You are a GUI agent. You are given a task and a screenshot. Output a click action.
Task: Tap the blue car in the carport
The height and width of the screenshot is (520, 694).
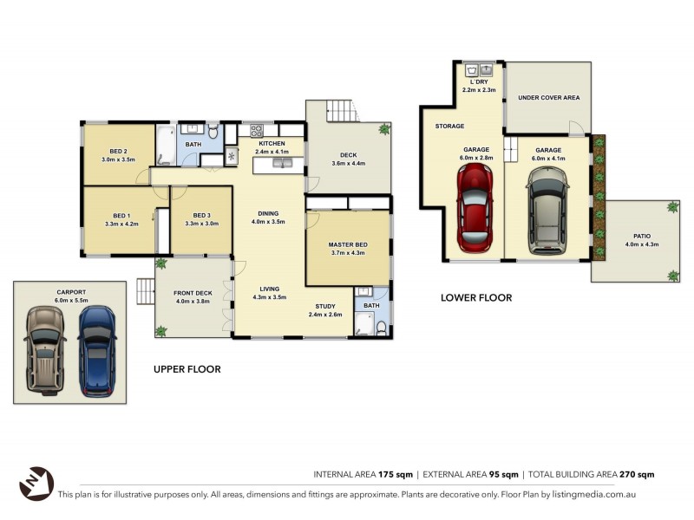(x=96, y=350)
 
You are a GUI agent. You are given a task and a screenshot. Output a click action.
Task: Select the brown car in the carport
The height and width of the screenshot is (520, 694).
(x=44, y=350)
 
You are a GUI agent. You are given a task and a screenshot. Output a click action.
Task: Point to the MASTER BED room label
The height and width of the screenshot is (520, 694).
(x=348, y=245)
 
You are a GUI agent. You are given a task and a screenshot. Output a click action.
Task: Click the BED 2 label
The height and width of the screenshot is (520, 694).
(x=118, y=151)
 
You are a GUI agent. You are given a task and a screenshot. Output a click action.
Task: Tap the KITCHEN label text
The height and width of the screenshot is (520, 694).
(x=272, y=143)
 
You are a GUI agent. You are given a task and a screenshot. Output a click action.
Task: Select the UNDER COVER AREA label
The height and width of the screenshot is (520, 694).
(x=548, y=98)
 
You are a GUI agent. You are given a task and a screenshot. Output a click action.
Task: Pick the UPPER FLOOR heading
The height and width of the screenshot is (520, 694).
(x=187, y=369)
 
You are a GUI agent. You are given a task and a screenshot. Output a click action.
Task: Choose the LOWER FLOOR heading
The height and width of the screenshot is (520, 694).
(x=475, y=297)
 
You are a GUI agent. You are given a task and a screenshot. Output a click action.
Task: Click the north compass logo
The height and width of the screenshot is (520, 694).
(x=36, y=484)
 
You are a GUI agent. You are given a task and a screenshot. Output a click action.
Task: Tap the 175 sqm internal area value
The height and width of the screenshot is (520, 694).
(x=396, y=474)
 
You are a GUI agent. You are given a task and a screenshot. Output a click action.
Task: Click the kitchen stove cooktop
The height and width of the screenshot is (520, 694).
(x=257, y=131)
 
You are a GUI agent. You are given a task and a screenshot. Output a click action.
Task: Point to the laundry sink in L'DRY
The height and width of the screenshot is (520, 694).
(x=478, y=69)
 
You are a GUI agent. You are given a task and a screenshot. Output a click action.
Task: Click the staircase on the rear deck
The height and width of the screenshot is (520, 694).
(x=340, y=111)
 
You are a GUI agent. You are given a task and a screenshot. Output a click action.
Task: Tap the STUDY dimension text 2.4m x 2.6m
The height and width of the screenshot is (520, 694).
(x=325, y=315)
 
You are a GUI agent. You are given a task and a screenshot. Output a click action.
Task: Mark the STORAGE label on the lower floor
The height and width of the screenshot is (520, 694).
(x=449, y=127)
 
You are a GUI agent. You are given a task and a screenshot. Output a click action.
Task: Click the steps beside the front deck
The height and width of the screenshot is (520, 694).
(x=145, y=291)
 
